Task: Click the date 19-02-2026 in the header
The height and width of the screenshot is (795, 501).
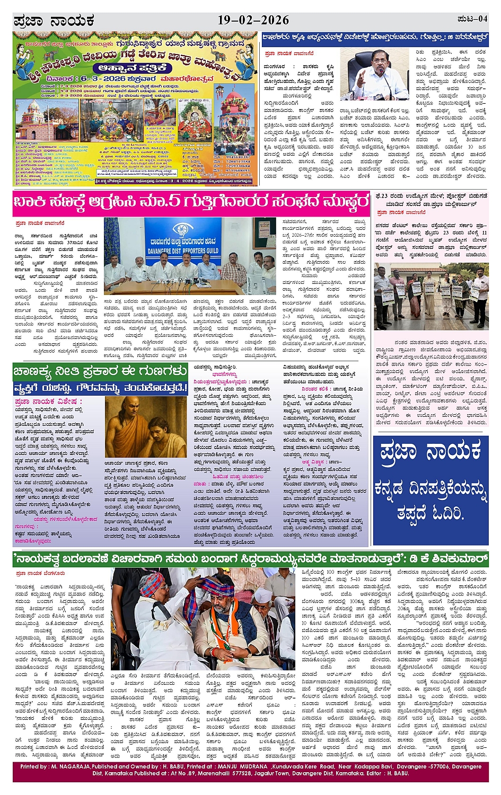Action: click(253, 20)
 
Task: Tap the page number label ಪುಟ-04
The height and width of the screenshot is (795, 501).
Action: click(472, 19)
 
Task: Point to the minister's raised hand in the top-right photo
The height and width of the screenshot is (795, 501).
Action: click(361, 79)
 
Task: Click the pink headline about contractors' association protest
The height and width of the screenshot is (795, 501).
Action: click(191, 203)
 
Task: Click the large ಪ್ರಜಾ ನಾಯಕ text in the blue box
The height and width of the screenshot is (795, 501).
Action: click(430, 453)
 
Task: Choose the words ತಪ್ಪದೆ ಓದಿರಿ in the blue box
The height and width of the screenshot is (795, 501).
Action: click(430, 513)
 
